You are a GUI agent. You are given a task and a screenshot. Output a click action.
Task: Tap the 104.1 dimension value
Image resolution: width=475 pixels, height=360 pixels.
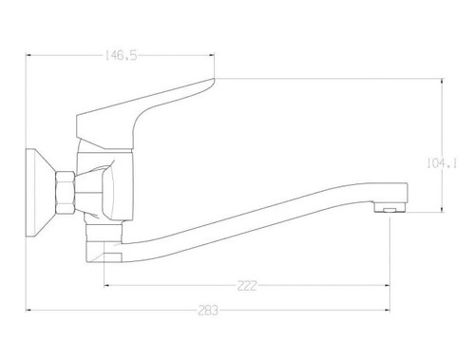pyautogui.click(x=442, y=163)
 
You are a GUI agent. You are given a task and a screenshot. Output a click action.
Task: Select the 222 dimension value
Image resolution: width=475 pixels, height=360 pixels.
pyautogui.click(x=247, y=286)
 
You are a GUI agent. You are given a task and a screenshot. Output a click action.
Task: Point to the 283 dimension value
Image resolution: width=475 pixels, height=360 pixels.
pyautogui.click(x=208, y=311)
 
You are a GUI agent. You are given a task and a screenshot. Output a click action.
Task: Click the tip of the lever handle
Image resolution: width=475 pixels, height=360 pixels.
pyautogui.click(x=214, y=79)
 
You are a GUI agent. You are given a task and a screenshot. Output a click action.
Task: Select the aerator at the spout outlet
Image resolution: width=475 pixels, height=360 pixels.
pyautogui.click(x=390, y=207)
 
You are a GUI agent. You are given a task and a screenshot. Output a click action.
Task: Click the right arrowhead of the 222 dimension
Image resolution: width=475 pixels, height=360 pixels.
pyautogui.click(x=387, y=286)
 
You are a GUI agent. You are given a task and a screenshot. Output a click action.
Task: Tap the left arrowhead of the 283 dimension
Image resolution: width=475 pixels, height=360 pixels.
pyautogui.click(x=28, y=310)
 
